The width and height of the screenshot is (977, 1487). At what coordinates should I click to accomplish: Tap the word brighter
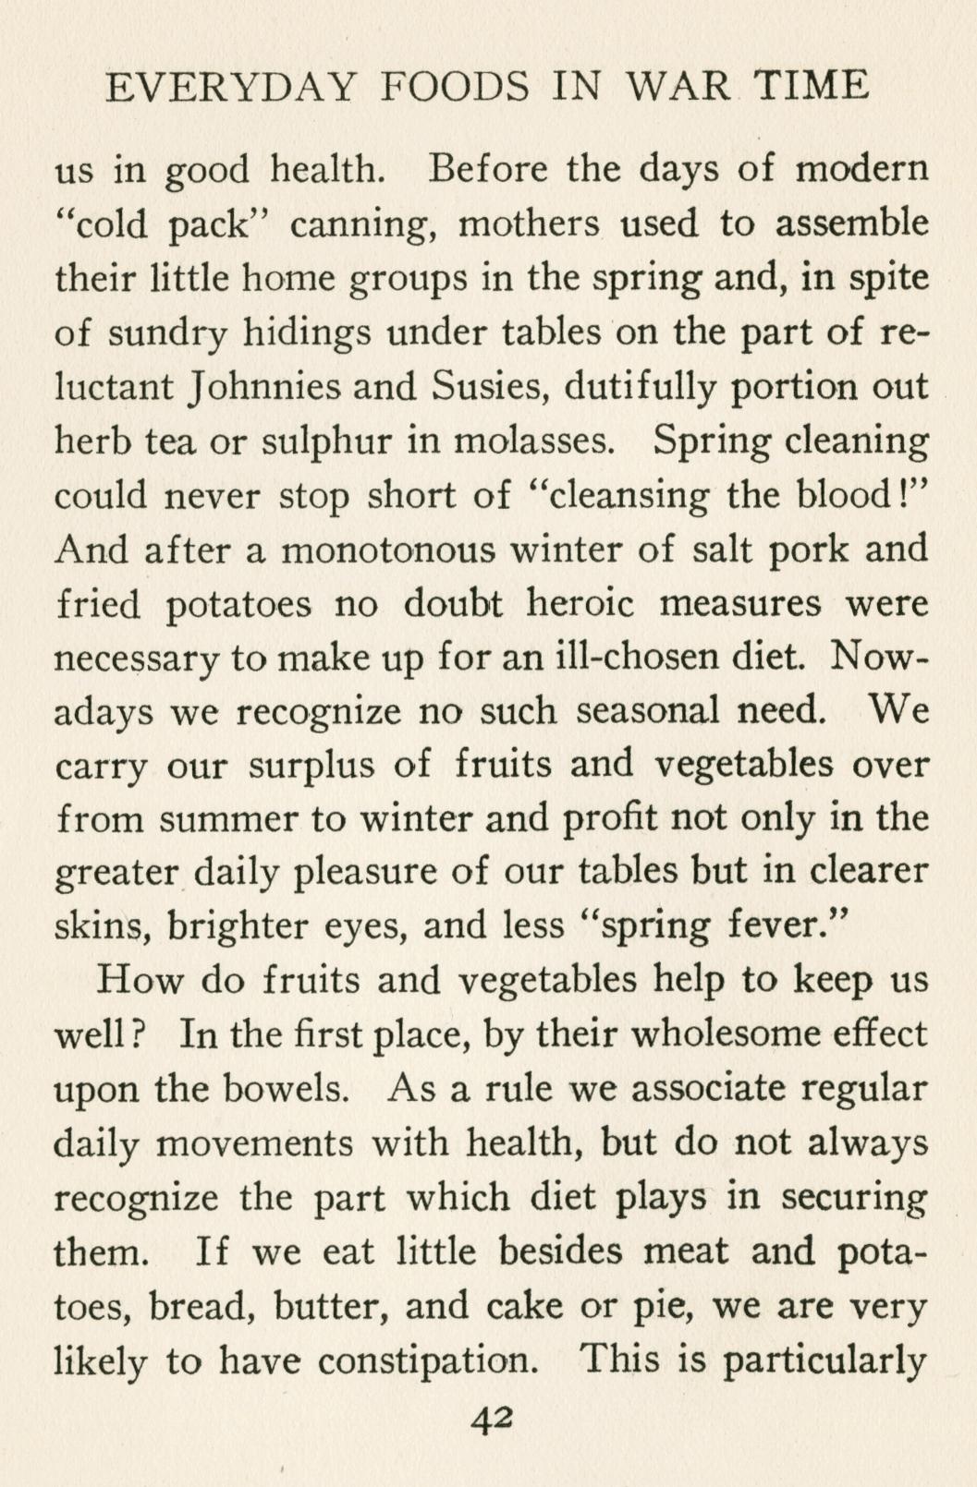240,926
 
